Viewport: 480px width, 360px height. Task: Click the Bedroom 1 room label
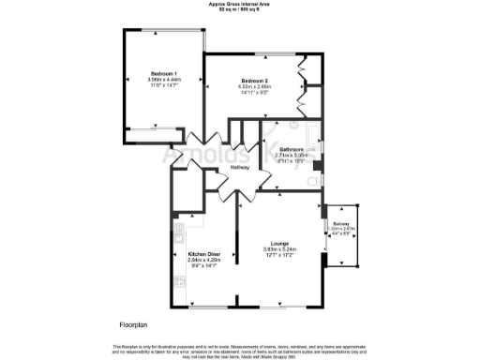click(x=164, y=74)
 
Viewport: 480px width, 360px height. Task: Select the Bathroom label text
click(x=290, y=149)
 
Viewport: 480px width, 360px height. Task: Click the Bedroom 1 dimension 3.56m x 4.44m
click(x=164, y=81)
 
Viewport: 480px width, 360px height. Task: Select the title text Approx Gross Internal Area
click(x=240, y=4)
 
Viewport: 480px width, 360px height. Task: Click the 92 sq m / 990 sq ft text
click(x=240, y=10)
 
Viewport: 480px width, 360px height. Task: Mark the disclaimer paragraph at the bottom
click(x=240, y=350)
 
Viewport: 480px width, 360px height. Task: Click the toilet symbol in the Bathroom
click(x=317, y=166)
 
